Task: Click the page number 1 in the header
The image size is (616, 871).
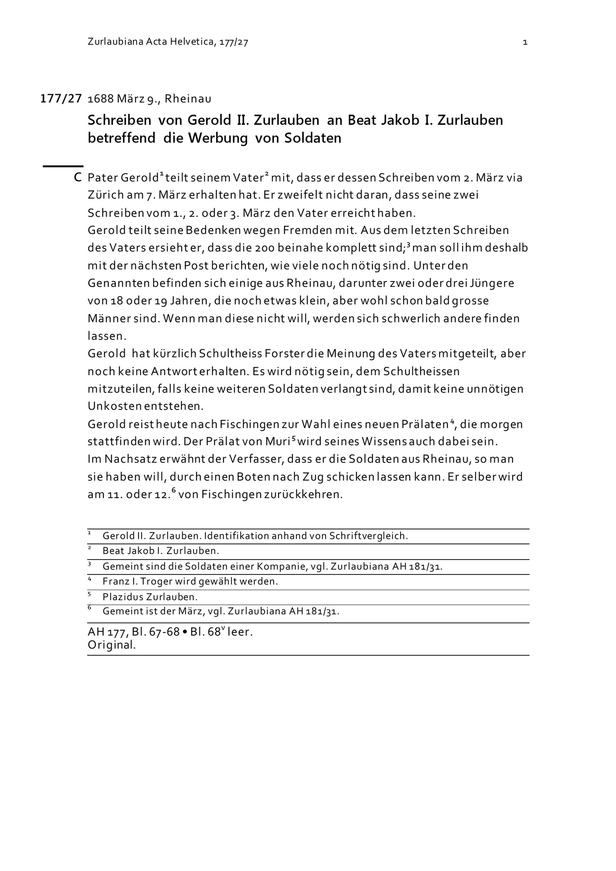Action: coord(525,43)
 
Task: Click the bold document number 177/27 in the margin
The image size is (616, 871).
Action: coord(61,99)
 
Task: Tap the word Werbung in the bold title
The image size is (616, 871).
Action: coord(218,138)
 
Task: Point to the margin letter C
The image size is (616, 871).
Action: coord(77,177)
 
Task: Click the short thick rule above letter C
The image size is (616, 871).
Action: coord(63,166)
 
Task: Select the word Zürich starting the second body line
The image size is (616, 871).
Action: coord(105,195)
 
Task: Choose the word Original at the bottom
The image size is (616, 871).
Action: coord(111,645)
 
